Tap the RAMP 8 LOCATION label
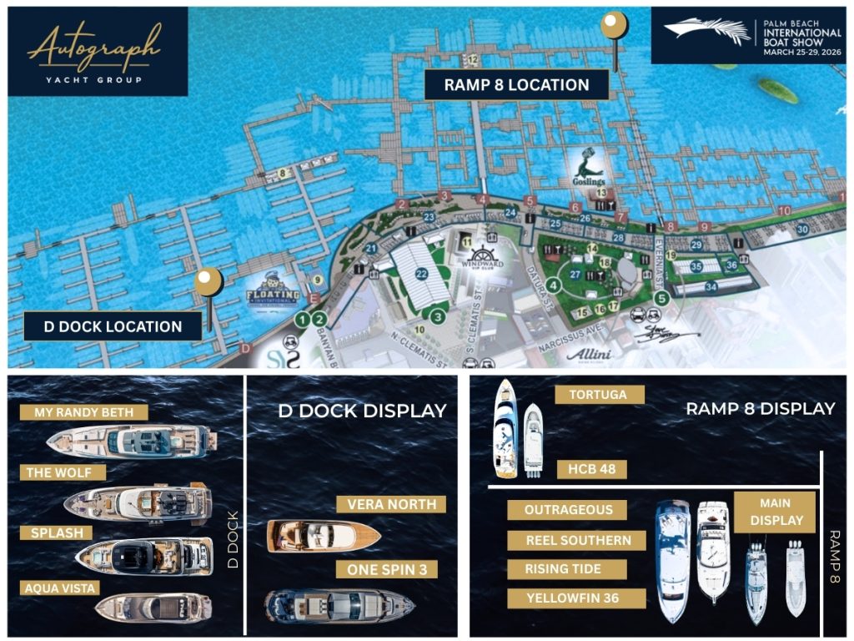(516, 84)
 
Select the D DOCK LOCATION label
(113, 326)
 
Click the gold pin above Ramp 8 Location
(614, 27)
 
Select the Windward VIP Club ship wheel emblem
(482, 257)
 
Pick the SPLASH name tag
(57, 532)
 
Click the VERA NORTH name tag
(391, 504)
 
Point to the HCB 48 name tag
(591, 469)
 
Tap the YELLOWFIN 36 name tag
(575, 598)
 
